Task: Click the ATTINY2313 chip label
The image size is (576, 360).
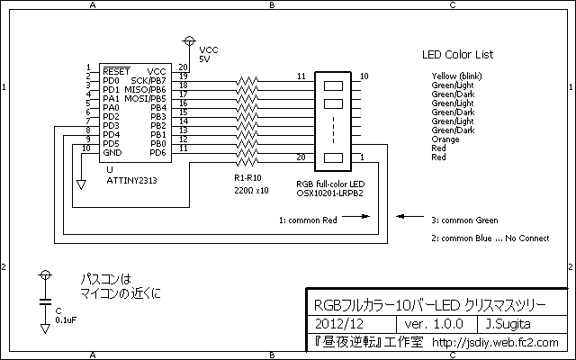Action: click(131, 181)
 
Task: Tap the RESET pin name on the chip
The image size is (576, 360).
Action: click(116, 71)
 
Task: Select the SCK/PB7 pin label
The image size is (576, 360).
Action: click(148, 80)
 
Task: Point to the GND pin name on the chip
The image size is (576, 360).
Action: click(112, 152)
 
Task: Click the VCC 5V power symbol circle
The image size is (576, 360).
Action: click(189, 40)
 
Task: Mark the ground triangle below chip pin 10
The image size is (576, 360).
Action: click(81, 184)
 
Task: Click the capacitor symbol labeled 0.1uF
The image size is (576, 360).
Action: click(46, 302)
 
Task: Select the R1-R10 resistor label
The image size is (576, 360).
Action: click(248, 178)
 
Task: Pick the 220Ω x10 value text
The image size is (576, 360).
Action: click(252, 191)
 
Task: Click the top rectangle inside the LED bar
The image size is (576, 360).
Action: click(333, 86)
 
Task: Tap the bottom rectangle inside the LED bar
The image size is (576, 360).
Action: click(333, 158)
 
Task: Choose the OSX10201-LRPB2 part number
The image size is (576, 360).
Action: click(330, 193)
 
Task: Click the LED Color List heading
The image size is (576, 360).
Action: click(458, 55)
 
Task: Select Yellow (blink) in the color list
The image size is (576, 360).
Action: click(456, 76)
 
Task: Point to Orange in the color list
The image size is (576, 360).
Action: click(445, 139)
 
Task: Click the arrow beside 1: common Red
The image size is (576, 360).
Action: click(356, 216)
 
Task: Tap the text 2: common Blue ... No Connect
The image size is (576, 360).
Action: click(490, 238)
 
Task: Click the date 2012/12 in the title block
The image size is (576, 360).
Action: click(339, 324)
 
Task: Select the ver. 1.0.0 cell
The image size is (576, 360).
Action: click(434, 324)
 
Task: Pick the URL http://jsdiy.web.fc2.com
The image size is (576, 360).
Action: click(495, 342)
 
